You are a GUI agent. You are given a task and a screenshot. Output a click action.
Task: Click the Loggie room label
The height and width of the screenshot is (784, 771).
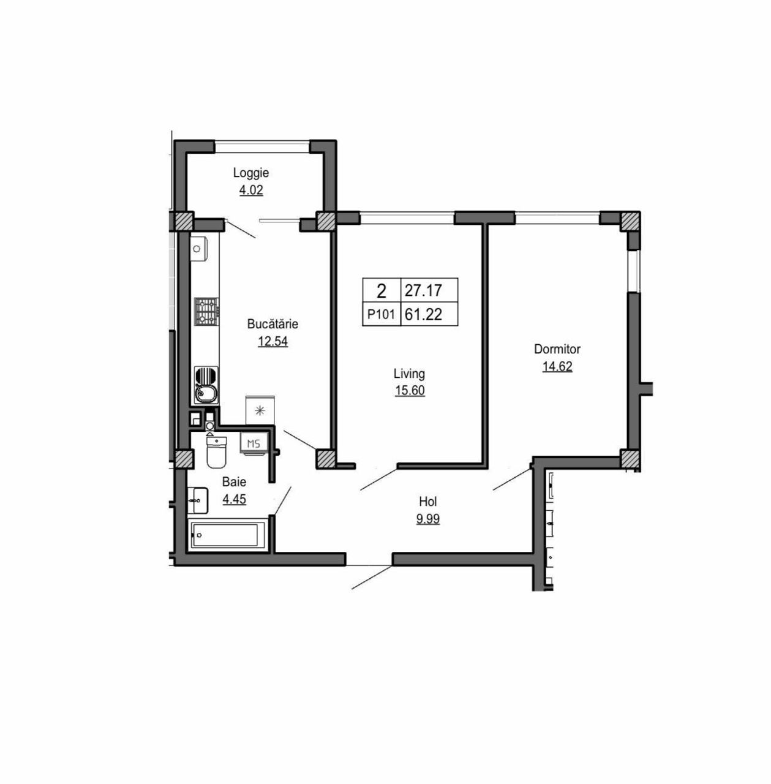pos(250,173)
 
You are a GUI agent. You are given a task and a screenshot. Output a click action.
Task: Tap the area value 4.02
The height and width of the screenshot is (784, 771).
pos(251,190)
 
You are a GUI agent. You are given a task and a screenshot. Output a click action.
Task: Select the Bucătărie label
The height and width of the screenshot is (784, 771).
pos(273,324)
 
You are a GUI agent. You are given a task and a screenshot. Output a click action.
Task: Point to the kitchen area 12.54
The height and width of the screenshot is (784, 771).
pos(273,341)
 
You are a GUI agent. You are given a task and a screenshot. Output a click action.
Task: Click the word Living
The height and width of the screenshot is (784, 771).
pos(409,374)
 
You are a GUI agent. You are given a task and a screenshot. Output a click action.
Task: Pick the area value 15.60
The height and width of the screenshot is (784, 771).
pos(410,391)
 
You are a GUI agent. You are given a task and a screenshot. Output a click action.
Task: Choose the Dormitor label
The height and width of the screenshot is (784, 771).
pos(557,349)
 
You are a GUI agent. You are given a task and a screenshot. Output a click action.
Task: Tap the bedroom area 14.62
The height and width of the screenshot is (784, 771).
pos(557,366)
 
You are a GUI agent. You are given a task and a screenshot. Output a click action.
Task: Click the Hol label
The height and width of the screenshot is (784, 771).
pos(428,502)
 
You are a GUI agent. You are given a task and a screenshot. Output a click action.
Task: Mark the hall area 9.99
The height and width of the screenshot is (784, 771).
pos(428,519)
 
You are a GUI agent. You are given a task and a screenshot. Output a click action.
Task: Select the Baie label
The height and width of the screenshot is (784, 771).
pos(234,482)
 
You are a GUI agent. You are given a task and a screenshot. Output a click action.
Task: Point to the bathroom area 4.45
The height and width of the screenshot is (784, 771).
pos(234,499)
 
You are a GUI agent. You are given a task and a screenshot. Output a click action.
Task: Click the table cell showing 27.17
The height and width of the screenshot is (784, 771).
pos(429,290)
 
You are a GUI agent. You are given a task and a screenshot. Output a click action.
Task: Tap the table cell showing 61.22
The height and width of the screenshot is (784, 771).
pos(429,314)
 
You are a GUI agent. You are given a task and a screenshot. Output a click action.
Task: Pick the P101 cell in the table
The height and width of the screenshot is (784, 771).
pos(382,314)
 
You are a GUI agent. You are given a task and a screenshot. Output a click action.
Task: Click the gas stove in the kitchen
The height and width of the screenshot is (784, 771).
pos(207,312)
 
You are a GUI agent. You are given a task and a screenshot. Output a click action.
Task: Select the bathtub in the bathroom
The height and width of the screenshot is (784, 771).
pos(226,535)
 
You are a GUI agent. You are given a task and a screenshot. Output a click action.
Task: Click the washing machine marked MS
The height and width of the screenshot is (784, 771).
pos(254,444)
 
